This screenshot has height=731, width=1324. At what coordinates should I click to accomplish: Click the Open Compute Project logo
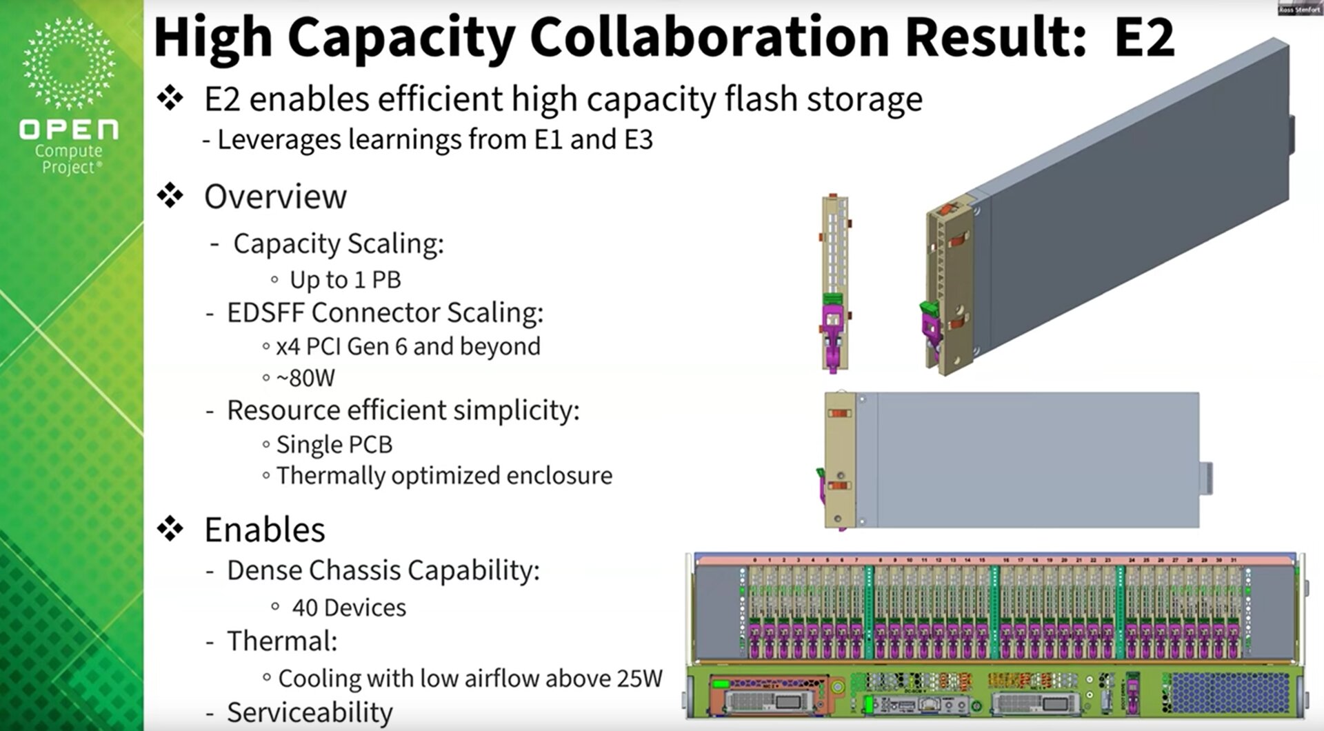(69, 97)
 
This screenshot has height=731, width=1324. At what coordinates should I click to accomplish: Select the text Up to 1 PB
(345, 280)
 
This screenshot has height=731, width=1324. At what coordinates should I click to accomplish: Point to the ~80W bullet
(305, 378)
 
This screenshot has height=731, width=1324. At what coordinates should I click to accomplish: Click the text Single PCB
(334, 445)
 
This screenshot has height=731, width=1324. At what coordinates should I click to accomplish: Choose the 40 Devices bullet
(349, 608)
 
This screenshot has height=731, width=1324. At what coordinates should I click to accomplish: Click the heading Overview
(275, 197)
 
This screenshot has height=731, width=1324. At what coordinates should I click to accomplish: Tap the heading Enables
(264, 530)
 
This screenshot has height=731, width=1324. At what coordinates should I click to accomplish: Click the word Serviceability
(310, 712)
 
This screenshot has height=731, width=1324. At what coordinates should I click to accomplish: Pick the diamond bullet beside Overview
(170, 196)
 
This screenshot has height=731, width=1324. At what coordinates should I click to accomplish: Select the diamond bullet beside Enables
(170, 529)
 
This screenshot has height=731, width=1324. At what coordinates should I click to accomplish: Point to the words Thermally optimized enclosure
(444, 476)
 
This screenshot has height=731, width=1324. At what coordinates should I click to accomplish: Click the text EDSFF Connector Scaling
(385, 312)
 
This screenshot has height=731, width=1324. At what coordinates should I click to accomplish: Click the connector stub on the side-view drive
(1206, 477)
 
